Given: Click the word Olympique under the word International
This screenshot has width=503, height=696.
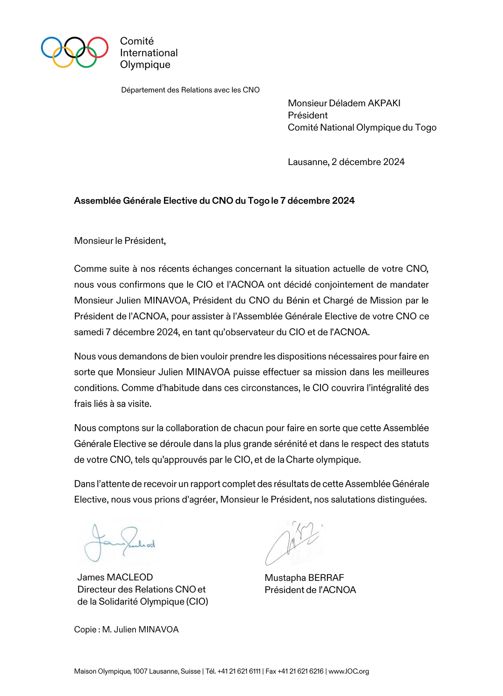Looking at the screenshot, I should (145, 65).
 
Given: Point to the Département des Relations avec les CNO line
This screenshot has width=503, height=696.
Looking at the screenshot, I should (190, 90).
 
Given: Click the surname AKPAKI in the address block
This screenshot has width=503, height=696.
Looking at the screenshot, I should (384, 103).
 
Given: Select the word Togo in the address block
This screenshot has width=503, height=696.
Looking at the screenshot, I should (426, 127).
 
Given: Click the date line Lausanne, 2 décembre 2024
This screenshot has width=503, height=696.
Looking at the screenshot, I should (346, 162).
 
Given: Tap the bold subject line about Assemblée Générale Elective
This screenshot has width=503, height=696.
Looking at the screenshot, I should (214, 200).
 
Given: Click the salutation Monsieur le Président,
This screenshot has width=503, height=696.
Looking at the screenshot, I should (120, 241).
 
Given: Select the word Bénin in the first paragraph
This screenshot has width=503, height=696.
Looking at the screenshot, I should (299, 300).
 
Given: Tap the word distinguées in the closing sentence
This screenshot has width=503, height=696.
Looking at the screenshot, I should (403, 499).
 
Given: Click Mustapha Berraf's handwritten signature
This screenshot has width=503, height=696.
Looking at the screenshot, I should (292, 542).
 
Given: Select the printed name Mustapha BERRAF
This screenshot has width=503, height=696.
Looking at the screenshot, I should (304, 578).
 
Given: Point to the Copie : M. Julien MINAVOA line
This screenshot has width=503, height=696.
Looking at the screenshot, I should (126, 629).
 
